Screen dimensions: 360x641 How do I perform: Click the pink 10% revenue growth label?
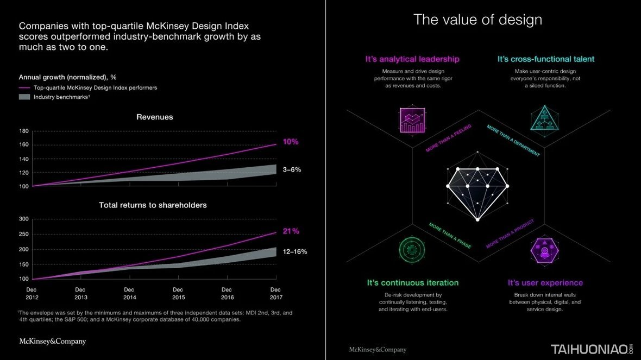click(x=291, y=142)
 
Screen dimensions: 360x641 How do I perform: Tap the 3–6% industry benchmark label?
click(x=292, y=169)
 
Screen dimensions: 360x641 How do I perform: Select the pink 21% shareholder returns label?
click(x=291, y=231)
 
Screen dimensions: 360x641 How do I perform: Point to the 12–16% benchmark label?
click(x=294, y=251)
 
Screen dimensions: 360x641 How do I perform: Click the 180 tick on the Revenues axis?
click(x=23, y=131)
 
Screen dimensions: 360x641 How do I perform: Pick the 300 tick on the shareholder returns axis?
click(x=23, y=219)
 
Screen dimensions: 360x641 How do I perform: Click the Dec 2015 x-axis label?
click(x=178, y=293)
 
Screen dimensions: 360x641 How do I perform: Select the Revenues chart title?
click(x=154, y=117)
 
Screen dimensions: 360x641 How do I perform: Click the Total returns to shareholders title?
click(x=153, y=205)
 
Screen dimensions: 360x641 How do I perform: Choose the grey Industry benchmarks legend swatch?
click(x=24, y=97)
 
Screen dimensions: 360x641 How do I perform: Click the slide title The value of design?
click(x=477, y=20)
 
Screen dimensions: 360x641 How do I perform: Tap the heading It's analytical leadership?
click(x=413, y=59)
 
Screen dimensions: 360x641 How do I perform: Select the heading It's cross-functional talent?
click(x=546, y=59)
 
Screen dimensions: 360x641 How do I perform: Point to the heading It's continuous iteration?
click(x=413, y=282)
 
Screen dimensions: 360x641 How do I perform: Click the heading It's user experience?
click(x=545, y=282)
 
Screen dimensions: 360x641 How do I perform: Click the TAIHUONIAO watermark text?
click(x=589, y=349)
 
